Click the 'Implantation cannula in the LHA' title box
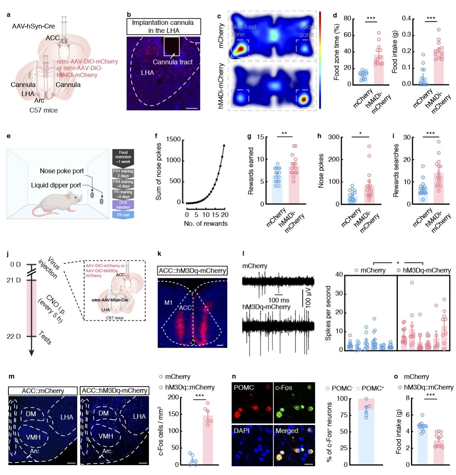coord(163,26)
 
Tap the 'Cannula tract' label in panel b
coord(172,62)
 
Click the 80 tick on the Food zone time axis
coord(347,19)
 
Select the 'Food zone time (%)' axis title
coord(336,52)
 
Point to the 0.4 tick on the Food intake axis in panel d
coord(406,19)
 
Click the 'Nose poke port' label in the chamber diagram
coord(62,171)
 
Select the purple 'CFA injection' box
coord(123,205)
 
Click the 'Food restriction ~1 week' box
coord(123,157)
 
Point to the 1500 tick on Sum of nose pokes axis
coord(173,139)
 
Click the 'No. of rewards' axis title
coord(206,223)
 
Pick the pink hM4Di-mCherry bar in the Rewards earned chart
coord(294,185)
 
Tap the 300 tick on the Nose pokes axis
coord(333,137)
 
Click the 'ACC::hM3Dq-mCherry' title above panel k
coord(192,271)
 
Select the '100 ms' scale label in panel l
coord(279,300)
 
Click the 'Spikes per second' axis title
coord(328,313)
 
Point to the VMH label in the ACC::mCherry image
coord(33,437)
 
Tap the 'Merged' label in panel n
coord(287,431)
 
